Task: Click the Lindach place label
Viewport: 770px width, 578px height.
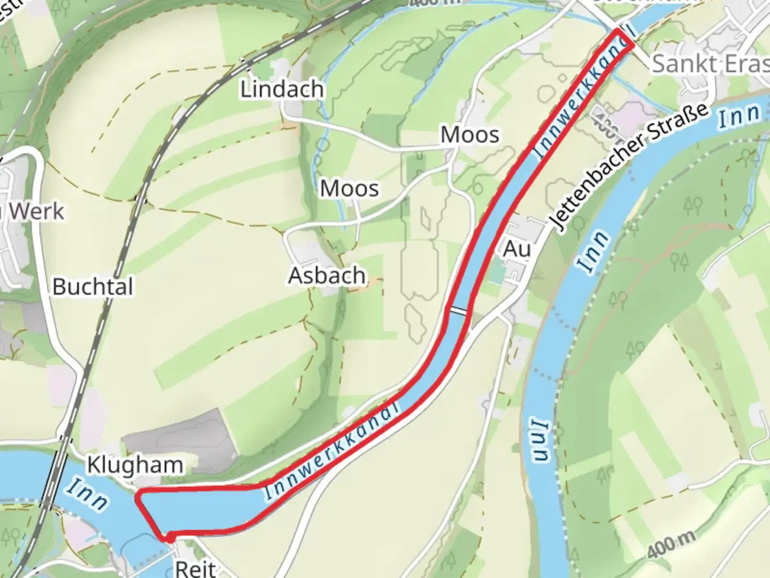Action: click(282, 89)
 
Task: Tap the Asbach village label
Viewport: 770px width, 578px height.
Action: click(327, 276)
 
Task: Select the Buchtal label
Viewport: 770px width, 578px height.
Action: click(93, 287)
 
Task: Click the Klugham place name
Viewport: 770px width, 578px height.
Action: click(135, 465)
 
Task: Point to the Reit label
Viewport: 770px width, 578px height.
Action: click(195, 568)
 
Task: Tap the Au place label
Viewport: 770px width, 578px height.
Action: click(517, 249)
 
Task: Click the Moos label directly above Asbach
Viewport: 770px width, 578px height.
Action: click(349, 188)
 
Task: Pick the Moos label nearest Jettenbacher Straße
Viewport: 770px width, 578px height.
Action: click(469, 135)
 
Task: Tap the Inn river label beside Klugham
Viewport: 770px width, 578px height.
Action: click(87, 493)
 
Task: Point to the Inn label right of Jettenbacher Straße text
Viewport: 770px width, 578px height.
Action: click(738, 116)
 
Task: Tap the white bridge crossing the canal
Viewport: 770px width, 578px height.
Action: click(458, 311)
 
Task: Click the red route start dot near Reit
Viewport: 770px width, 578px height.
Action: click(169, 538)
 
